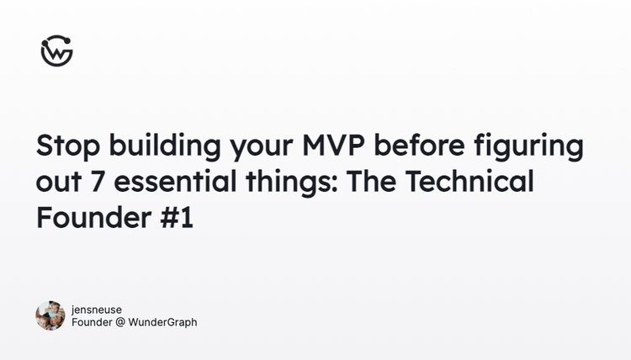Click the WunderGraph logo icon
click(x=56, y=51)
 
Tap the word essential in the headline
click(x=167, y=182)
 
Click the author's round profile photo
click(x=50, y=315)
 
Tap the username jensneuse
click(x=97, y=310)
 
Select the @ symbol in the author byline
click(x=119, y=322)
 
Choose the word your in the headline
click(x=254, y=146)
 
